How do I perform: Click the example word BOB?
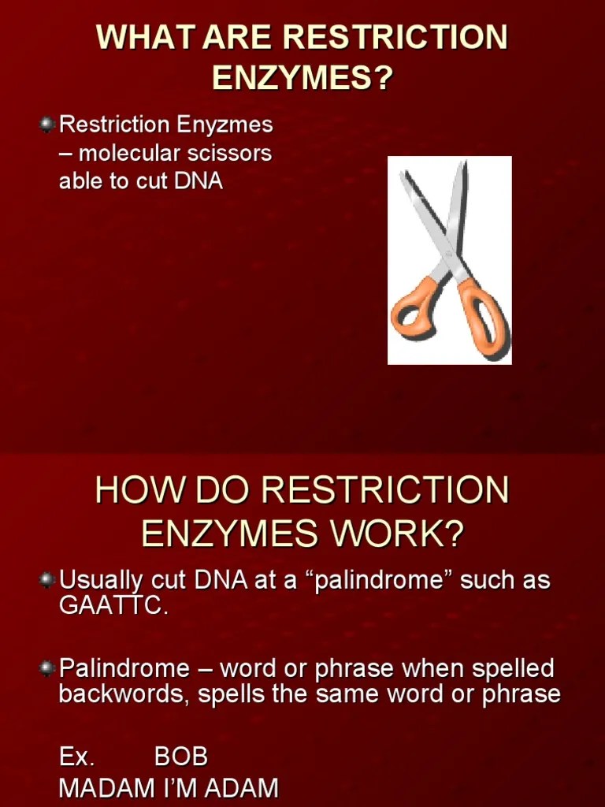[181, 757]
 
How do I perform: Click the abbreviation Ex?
[76, 757]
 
